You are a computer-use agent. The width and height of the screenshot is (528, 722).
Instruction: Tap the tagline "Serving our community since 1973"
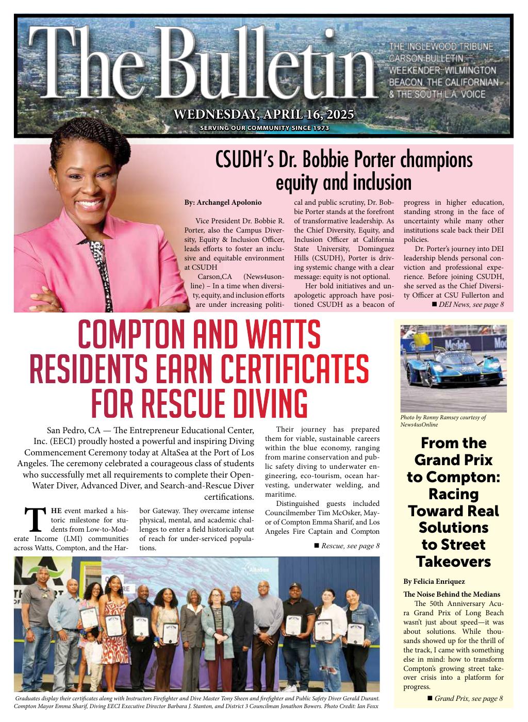pyautogui.click(x=264, y=128)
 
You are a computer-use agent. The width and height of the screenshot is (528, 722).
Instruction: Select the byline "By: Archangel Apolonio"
pyautogui.click(x=223, y=202)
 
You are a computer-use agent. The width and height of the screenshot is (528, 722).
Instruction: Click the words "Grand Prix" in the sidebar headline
pyautogui.click(x=454, y=460)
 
